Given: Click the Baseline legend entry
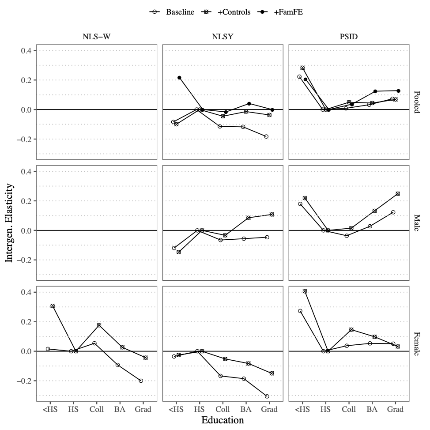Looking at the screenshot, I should click(x=172, y=12).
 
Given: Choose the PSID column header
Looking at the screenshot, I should click(x=349, y=37).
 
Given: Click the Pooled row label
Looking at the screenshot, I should click(x=417, y=102).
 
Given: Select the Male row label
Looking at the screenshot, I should click(x=417, y=223).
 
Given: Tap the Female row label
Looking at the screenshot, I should click(x=417, y=343).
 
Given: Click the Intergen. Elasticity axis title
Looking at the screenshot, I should click(x=9, y=223).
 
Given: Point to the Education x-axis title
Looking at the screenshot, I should click(x=223, y=420).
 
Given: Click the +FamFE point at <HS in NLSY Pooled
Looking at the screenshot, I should click(x=179, y=78).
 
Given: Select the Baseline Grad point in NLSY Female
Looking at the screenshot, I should click(x=267, y=396).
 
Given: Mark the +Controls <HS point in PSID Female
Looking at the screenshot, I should click(x=305, y=291).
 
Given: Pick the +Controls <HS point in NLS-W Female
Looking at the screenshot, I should click(x=53, y=306).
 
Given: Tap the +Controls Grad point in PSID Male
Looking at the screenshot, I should click(x=398, y=194).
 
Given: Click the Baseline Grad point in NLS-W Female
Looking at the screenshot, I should click(x=141, y=381).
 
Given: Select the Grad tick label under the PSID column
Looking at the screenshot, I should click(x=395, y=409).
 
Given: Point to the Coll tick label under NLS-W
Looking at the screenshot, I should click(x=96, y=409).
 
